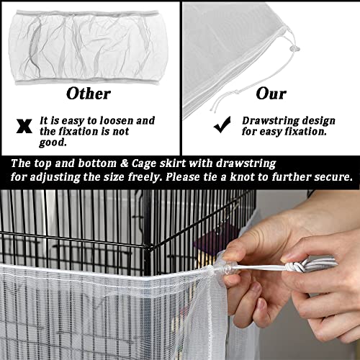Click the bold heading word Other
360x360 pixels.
tap(88, 93)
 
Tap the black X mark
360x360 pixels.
tap(24, 125)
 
